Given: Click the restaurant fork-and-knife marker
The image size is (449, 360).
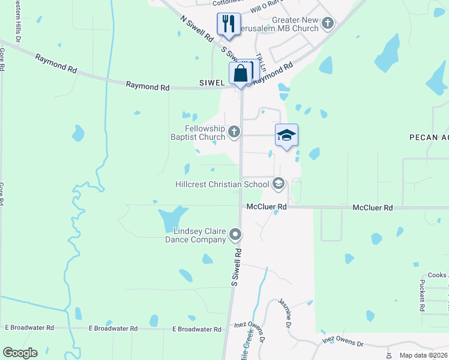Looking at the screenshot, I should pos(228,24).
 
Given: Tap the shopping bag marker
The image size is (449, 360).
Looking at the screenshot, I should pos(240,74).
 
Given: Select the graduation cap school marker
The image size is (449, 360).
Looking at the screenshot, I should pos(287,135).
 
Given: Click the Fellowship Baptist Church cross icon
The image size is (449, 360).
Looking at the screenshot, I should pos(234,131).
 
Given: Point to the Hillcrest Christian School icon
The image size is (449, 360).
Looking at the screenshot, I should pos(278,184).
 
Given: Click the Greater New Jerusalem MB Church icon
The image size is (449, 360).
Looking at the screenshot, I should pos(328,24).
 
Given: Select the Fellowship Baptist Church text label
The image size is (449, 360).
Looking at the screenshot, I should pos(196,133).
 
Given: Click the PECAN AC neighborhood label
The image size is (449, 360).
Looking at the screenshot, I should pos(429,137).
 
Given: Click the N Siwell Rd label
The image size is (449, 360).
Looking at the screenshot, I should pos(197,28).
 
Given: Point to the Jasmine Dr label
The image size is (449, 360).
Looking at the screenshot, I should pos(285,313).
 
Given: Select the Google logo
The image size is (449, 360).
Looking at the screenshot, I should pos(20,353).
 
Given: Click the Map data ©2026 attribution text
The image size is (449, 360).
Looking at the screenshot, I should pos(423,355).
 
